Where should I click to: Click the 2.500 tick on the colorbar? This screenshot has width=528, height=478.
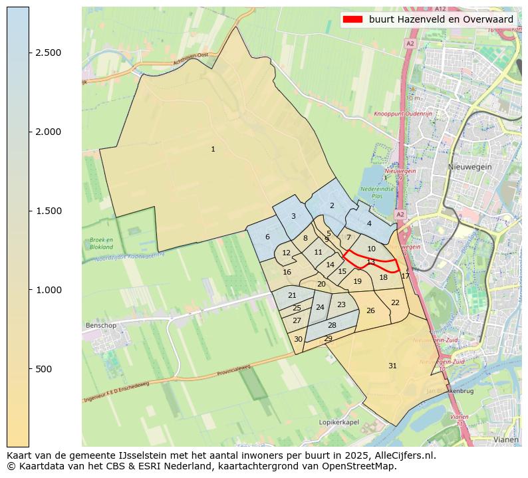(x=29, y=53)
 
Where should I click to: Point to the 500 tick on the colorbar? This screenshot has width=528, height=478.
(x=29, y=369)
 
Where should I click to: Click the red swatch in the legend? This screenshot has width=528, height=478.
(x=353, y=19)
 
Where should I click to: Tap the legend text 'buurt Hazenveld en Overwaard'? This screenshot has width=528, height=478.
(x=441, y=19)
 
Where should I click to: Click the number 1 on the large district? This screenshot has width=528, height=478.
(x=213, y=149)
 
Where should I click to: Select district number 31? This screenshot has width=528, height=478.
(x=392, y=366)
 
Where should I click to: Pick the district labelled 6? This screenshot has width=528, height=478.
(x=267, y=237)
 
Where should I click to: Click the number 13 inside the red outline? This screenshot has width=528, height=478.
(x=371, y=262)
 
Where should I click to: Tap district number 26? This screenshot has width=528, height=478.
(x=370, y=310)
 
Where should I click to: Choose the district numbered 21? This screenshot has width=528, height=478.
(x=292, y=295)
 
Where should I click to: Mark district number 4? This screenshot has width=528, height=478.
(x=369, y=223)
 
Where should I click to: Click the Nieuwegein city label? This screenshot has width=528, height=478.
(x=469, y=167)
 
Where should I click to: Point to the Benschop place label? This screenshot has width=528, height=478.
(x=101, y=326)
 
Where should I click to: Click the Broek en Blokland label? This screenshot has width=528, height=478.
(x=101, y=243)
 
